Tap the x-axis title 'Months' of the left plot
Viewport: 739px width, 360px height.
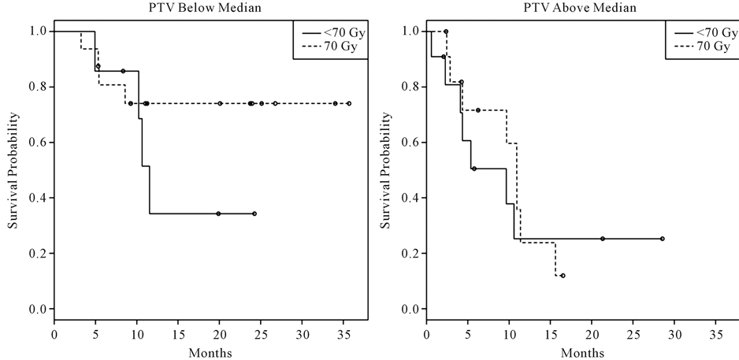click(x=210, y=351)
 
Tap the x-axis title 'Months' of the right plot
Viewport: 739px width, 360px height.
click(x=581, y=351)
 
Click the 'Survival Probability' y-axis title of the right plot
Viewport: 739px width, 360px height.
click(x=386, y=171)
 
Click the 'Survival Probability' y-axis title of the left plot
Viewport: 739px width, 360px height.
click(x=13, y=171)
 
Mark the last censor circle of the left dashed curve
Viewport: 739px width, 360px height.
click(x=349, y=103)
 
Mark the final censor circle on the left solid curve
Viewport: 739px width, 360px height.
click(x=255, y=213)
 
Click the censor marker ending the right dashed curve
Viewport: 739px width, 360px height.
click(x=563, y=276)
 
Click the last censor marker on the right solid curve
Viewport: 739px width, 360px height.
click(x=662, y=239)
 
